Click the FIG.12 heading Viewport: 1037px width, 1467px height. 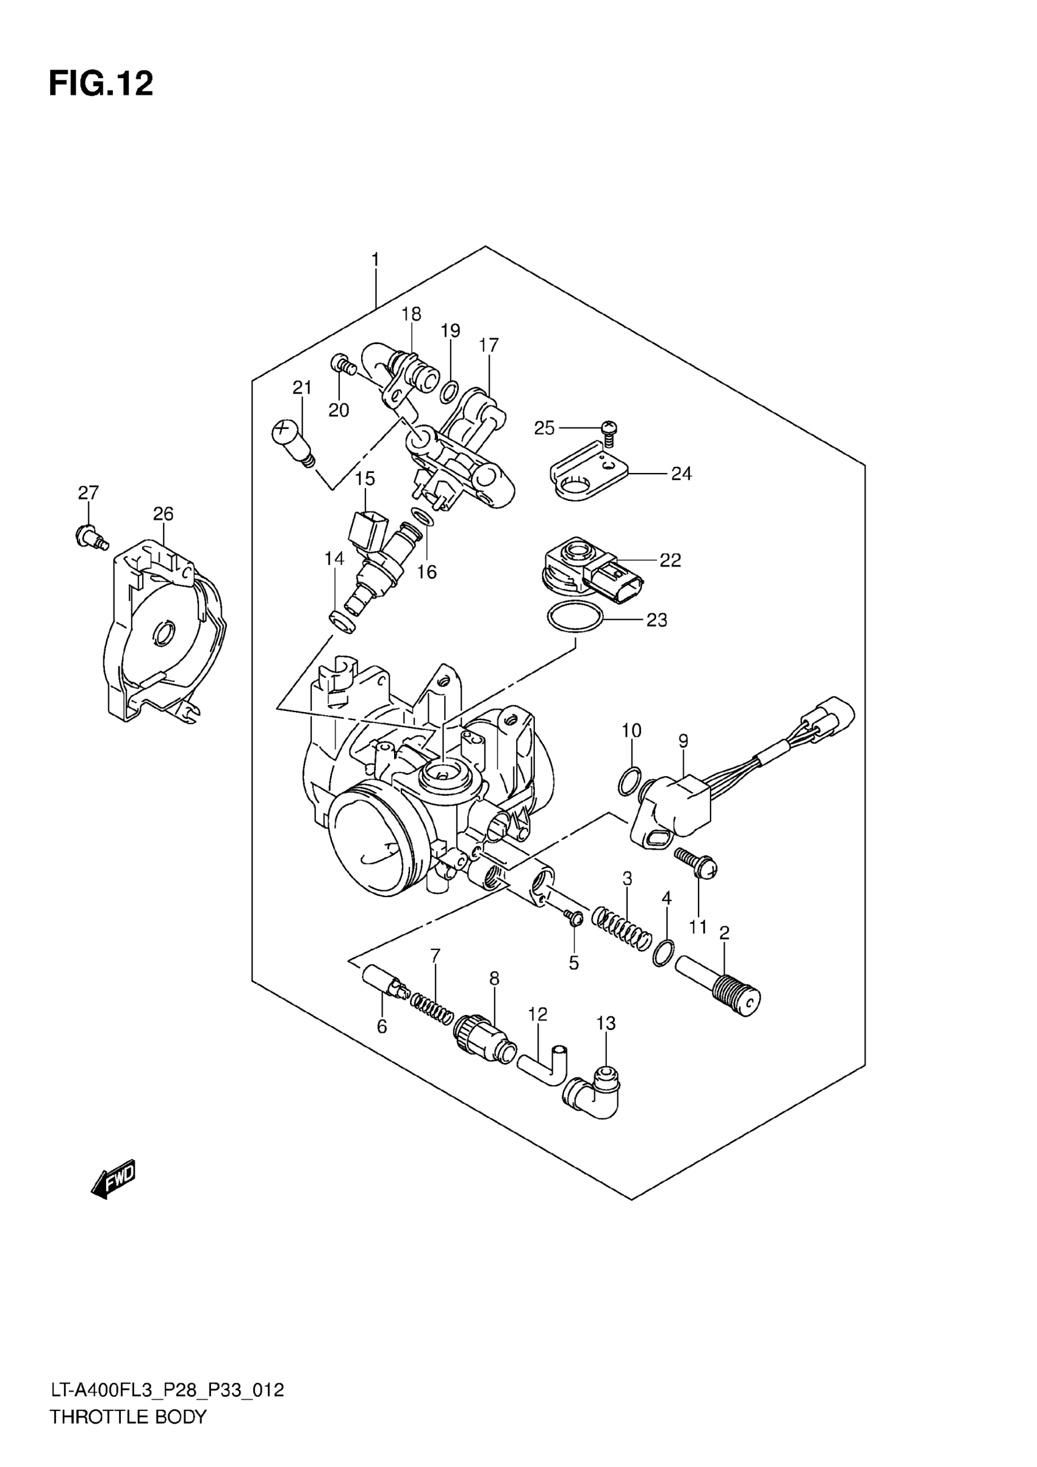(x=101, y=84)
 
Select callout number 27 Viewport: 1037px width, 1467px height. (x=88, y=492)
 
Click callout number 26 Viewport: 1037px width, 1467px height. (x=163, y=514)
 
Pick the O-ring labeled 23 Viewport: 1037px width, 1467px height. (x=575, y=616)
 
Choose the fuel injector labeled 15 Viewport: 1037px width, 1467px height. (x=373, y=562)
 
